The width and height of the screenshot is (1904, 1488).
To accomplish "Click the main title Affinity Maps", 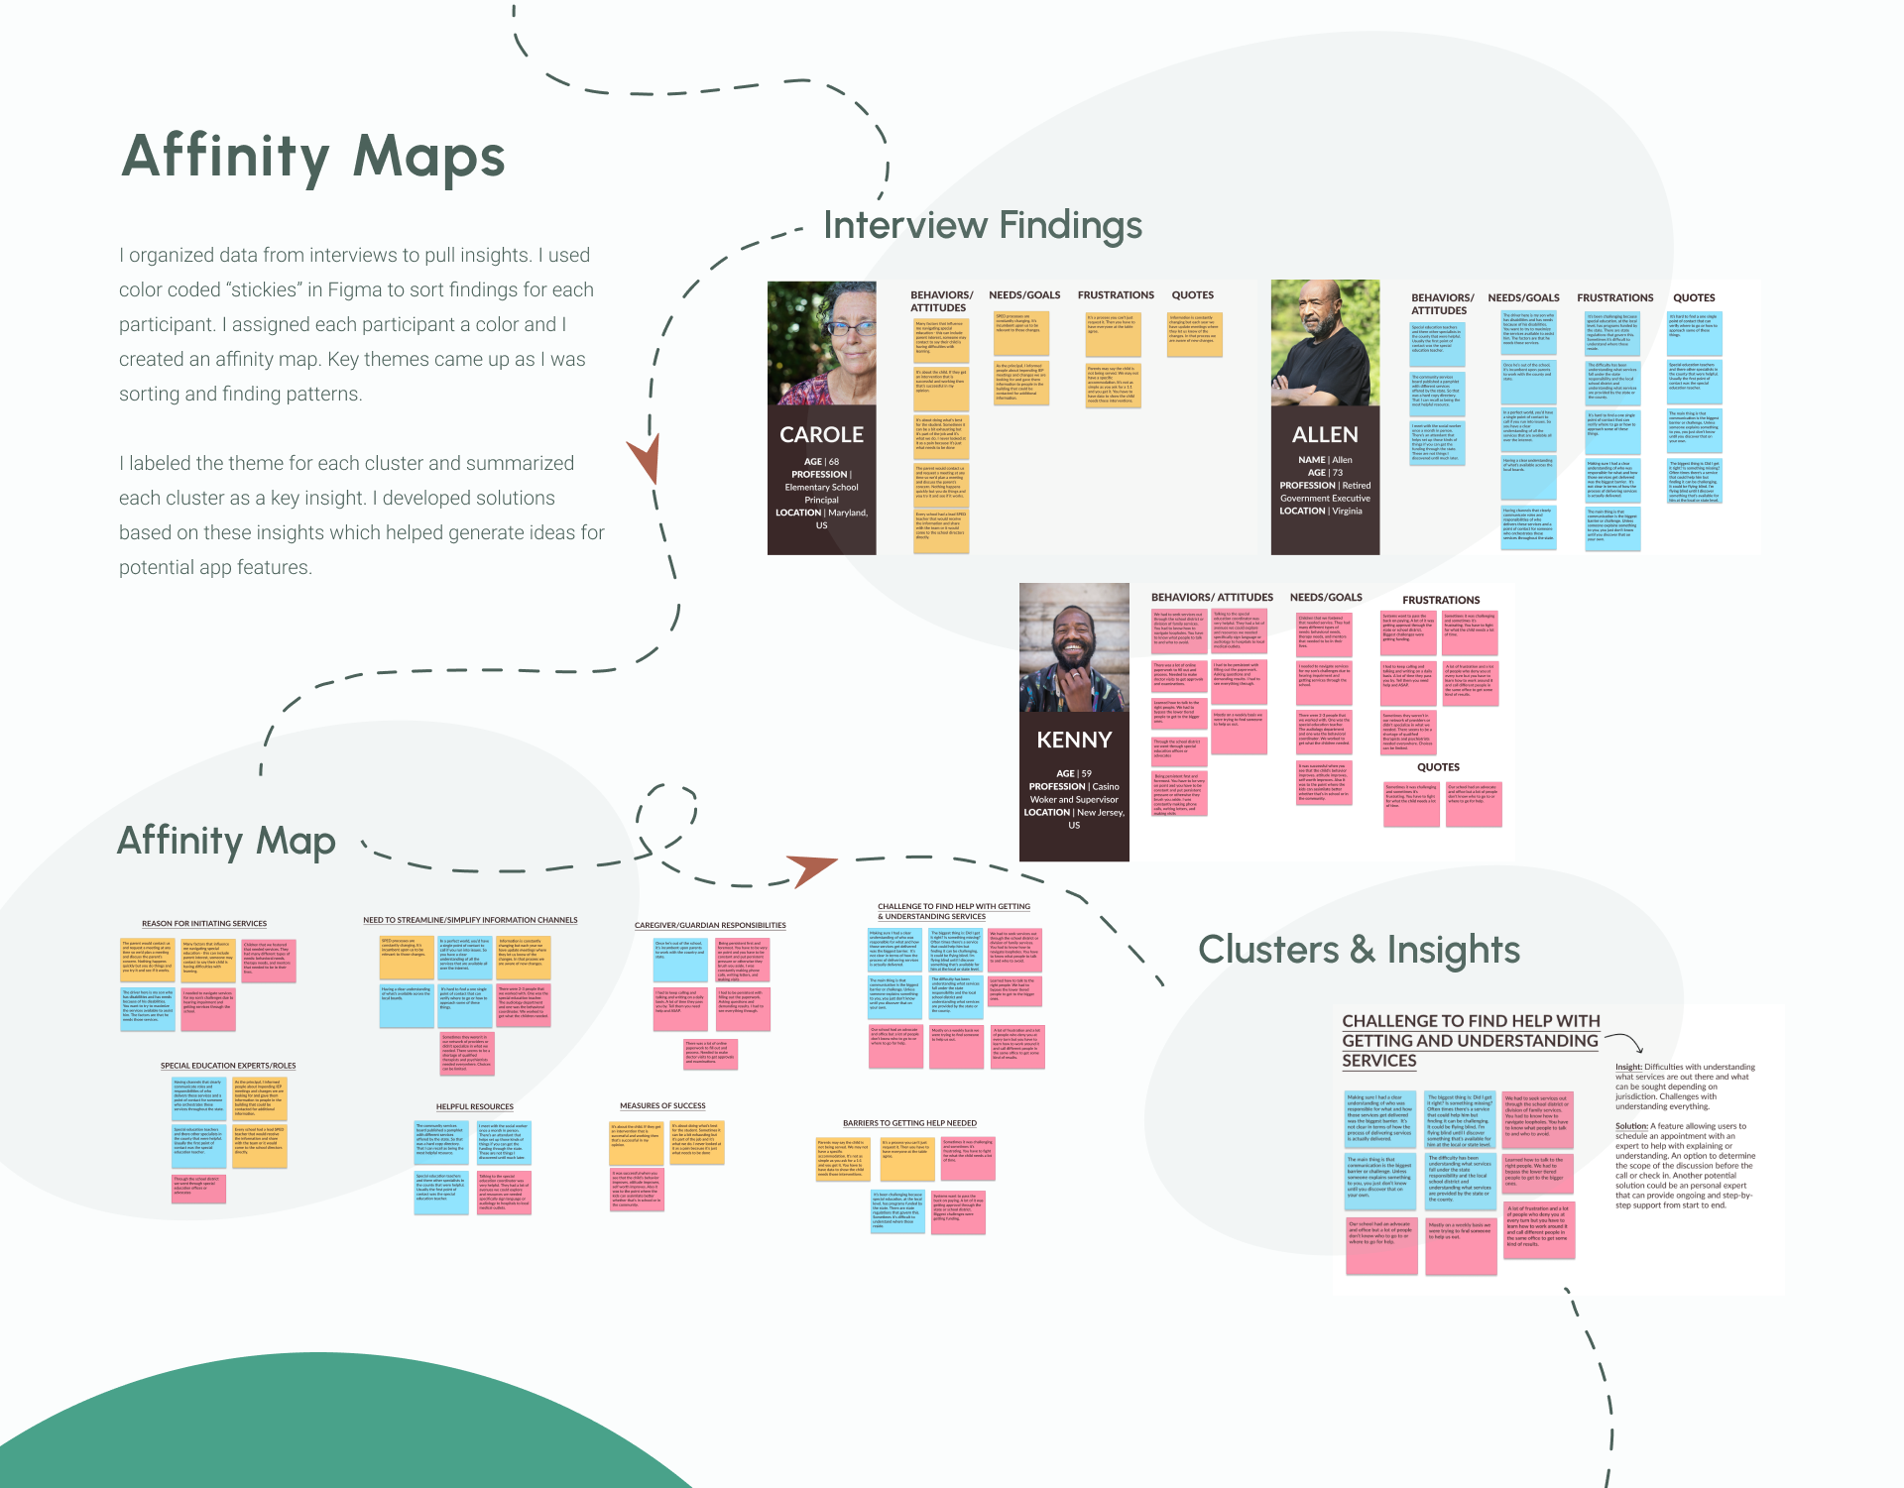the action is (313, 157).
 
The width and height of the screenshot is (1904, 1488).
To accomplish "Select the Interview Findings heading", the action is (982, 226).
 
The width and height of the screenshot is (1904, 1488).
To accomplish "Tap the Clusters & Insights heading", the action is (1359, 950).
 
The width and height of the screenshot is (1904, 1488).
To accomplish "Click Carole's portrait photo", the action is (821, 343).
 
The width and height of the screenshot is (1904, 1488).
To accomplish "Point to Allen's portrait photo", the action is (1325, 343).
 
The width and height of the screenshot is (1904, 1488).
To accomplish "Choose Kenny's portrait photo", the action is (1074, 646).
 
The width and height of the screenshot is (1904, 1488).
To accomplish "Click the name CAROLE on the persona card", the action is (821, 435).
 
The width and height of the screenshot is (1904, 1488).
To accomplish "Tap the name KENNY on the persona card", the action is (1074, 741).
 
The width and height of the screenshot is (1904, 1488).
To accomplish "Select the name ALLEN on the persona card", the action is (1325, 435).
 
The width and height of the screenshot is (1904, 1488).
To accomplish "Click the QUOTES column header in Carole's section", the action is (1192, 295).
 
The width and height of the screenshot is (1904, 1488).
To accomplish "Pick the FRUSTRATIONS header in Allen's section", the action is (1614, 298).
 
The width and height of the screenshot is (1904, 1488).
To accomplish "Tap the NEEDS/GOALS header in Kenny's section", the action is (1326, 598).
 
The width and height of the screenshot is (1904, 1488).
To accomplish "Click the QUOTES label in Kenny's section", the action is (1438, 767).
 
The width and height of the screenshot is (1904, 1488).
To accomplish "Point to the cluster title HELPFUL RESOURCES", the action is (475, 1107).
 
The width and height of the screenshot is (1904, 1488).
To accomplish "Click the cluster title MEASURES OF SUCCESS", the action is (662, 1106).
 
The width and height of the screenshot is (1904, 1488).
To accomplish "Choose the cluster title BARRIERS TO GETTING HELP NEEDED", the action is (909, 1123).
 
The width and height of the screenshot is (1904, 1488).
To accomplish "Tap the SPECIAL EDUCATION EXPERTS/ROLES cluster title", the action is (228, 1066).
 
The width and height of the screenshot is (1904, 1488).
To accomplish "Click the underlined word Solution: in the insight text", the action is (1631, 1126).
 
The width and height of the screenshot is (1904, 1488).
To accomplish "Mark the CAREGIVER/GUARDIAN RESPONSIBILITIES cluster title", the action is (710, 926).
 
